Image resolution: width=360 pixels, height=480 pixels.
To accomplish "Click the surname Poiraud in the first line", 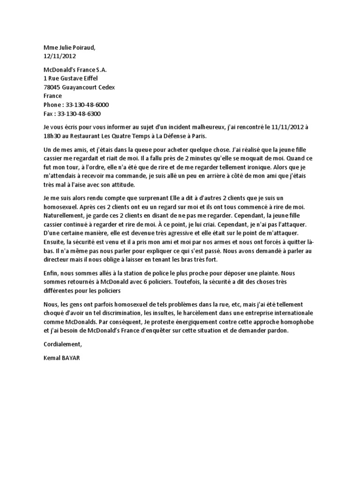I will click(85, 47).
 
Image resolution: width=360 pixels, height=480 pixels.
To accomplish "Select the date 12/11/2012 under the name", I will click(60, 56).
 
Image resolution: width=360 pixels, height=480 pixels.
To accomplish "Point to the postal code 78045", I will click(52, 87).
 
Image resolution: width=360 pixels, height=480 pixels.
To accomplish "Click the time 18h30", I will click(52, 135).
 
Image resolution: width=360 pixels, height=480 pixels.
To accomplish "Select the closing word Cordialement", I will click(62, 344).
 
